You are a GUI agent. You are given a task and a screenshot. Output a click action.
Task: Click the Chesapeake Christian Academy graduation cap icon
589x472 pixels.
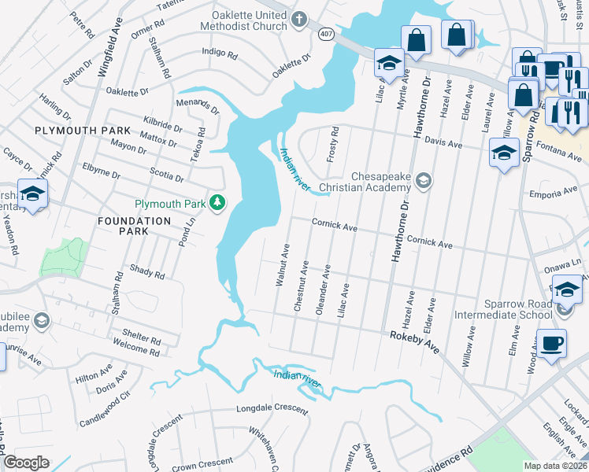[424, 182]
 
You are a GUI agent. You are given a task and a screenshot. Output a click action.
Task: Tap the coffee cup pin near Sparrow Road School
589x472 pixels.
[553, 345]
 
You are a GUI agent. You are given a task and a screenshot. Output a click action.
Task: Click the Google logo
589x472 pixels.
[26, 463]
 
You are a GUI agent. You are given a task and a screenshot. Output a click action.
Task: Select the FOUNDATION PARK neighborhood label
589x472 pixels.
[134, 221]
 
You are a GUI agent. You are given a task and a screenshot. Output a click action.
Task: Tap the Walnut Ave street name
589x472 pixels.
[280, 264]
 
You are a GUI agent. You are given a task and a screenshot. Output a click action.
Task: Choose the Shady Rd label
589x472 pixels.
[147, 273]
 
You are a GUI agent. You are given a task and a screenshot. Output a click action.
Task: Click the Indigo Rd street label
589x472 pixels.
[220, 55]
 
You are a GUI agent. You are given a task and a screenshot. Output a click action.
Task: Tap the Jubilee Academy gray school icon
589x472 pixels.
[41, 320]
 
